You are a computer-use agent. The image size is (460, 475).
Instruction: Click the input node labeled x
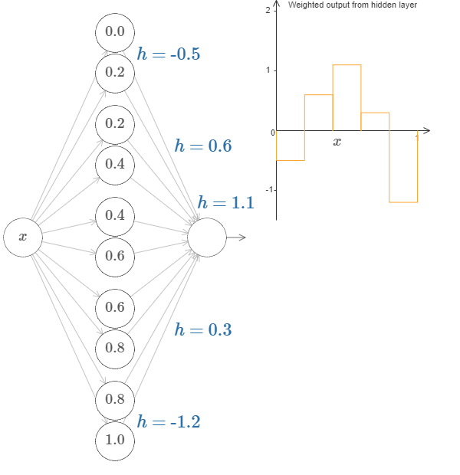[x=22, y=237]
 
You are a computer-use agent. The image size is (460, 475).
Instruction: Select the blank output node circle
[x=207, y=237]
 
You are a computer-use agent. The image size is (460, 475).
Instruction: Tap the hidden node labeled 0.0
[x=115, y=32]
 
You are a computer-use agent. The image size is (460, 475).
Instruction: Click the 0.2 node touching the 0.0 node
[x=115, y=73]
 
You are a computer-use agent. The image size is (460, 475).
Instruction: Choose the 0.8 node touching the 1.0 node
[x=115, y=399]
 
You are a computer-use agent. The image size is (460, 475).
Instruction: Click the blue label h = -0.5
[x=168, y=54]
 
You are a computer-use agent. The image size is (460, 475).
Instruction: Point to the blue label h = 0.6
[x=202, y=146]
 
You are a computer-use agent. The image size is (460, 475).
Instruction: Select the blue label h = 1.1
[x=225, y=202]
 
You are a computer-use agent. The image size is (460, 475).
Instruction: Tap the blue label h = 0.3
[x=202, y=329]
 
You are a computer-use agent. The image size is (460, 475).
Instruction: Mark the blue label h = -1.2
[x=168, y=421]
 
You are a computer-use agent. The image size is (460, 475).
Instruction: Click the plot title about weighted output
[x=352, y=5]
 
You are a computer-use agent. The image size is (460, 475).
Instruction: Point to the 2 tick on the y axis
[x=267, y=11]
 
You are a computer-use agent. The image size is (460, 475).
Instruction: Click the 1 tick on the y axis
[x=267, y=70]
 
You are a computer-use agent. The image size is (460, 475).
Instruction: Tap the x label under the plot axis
[x=337, y=142]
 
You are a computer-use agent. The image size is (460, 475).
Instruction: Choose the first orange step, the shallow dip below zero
[x=291, y=146]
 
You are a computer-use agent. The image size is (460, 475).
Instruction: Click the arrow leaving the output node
[x=237, y=237]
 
